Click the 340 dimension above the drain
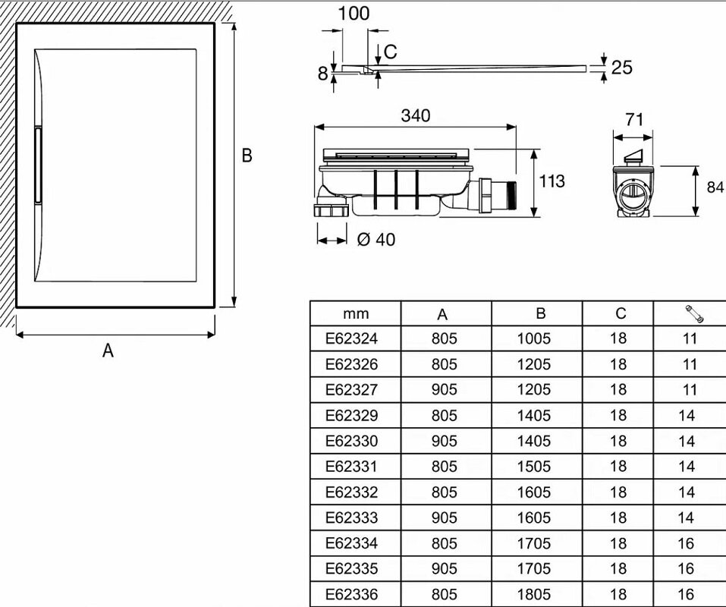(x=415, y=115)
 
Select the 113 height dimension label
(x=552, y=181)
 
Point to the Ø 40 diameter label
(x=376, y=240)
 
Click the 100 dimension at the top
(x=354, y=13)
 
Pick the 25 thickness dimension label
(x=621, y=68)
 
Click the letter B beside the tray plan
(x=247, y=156)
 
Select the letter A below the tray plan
(x=108, y=351)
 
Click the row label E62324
(x=351, y=338)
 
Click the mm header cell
(x=355, y=313)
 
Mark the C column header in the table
(x=621, y=313)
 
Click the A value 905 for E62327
(x=445, y=389)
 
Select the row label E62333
(x=351, y=517)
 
